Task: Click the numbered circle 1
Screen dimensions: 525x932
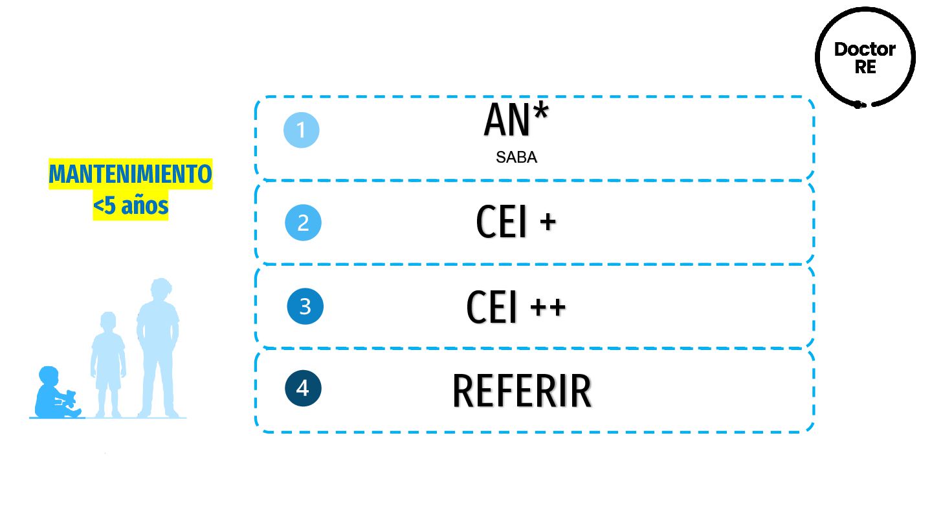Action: pos(302,130)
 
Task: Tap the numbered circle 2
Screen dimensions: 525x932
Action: pos(303,223)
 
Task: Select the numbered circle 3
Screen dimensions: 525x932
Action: pos(305,306)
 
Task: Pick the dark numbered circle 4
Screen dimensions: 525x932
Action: pos(303,388)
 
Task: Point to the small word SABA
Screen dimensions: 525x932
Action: pos(516,157)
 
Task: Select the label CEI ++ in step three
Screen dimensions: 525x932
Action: pos(516,307)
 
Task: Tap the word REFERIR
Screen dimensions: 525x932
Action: pos(522,391)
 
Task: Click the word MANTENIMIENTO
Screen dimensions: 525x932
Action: pos(131,175)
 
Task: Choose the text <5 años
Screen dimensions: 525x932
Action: pos(131,207)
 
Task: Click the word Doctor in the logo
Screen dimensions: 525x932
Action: pos(865,49)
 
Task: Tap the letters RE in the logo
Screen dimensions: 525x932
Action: pos(865,66)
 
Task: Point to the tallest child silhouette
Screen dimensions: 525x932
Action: pos(157,350)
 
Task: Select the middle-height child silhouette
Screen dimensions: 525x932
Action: pos(107,366)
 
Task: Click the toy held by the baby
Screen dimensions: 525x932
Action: pos(69,398)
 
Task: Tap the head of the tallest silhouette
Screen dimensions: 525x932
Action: pos(159,290)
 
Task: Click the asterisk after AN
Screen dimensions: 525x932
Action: pos(540,110)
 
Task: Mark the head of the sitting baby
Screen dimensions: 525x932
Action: pos(49,377)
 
